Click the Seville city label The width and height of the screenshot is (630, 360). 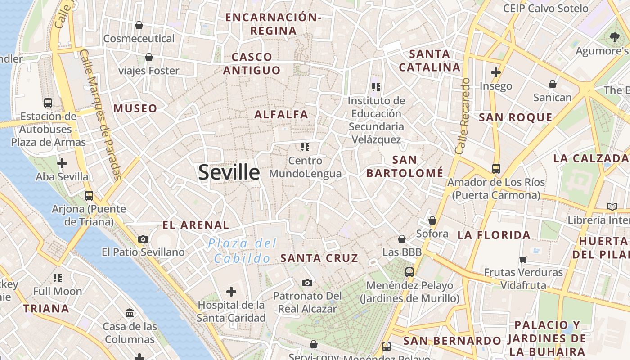(229, 172)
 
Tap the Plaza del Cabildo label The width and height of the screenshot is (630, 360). (243, 251)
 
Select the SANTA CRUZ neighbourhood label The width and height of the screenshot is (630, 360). (319, 258)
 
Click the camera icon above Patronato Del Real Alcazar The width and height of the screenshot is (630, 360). (307, 283)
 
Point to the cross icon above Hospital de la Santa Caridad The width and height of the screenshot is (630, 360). (231, 292)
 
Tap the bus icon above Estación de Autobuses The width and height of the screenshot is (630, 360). (48, 103)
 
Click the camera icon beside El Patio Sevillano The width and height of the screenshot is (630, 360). (143, 239)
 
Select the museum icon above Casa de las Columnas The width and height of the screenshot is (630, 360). (130, 313)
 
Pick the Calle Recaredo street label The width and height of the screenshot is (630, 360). (463, 116)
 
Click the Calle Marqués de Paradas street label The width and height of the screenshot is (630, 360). (101, 115)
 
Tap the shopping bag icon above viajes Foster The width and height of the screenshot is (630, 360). (148, 57)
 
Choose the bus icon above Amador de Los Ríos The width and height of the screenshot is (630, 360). (496, 169)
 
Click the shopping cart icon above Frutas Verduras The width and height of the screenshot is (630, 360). (523, 259)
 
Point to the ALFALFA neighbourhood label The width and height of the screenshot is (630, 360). (281, 115)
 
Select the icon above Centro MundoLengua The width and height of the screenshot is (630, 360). (305, 147)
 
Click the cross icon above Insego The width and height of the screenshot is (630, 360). (496, 72)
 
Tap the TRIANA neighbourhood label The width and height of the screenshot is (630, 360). (46, 309)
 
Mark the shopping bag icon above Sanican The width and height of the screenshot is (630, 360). (552, 84)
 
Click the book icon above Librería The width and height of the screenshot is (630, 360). (612, 207)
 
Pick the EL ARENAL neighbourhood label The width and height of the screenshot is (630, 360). (196, 225)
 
